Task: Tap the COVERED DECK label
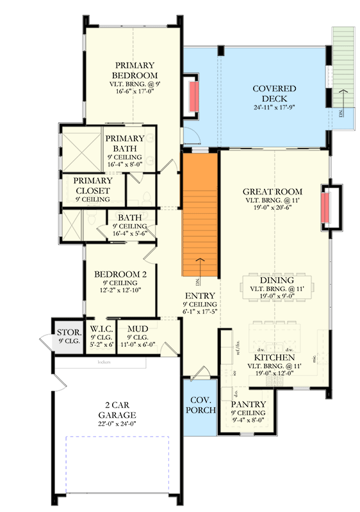274,93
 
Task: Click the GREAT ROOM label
273,191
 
